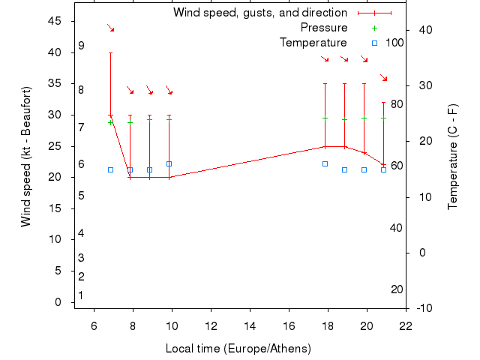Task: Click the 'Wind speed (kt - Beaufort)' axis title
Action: [26, 157]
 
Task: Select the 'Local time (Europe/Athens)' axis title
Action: [238, 349]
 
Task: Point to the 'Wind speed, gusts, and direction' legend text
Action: [260, 13]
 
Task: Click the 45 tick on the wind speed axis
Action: [55, 21]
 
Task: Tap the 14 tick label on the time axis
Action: [250, 325]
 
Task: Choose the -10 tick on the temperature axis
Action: [424, 308]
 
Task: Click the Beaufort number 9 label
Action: [81, 46]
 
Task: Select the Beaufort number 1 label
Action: [81, 295]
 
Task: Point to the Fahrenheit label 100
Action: [394, 43]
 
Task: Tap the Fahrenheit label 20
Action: [397, 289]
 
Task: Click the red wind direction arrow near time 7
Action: [110, 28]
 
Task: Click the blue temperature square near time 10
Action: [169, 163]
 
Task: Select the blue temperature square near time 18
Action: [325, 163]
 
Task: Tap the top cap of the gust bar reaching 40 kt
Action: [110, 52]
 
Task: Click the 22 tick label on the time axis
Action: [406, 325]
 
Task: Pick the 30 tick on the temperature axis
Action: [424, 85]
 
